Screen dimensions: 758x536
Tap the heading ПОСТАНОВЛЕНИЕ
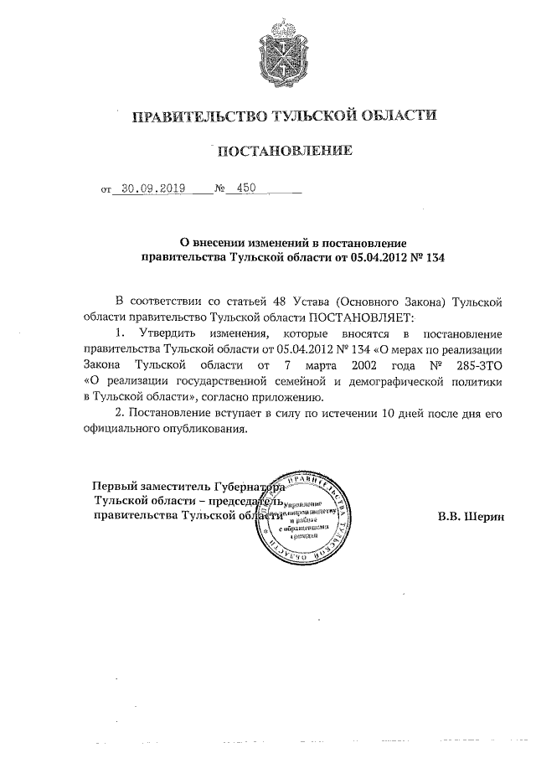281,152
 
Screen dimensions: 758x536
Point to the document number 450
246,189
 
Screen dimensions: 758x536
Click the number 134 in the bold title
432,258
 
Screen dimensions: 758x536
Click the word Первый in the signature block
116,485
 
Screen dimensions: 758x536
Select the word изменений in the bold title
256,242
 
